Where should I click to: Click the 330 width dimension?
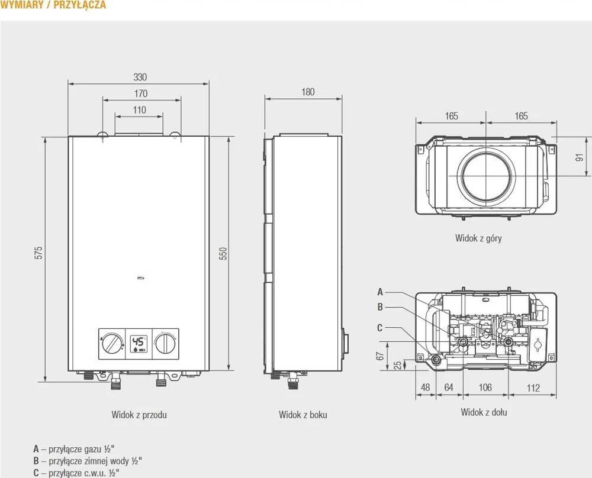pos(140,77)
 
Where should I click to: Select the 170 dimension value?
pos(141,93)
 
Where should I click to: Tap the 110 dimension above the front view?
pos(139,110)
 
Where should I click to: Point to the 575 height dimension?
pos(38,253)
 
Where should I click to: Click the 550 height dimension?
pos(223,253)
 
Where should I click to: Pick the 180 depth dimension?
pos(308,92)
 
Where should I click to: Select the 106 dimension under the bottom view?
pos(485,387)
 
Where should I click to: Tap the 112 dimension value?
pos(533,387)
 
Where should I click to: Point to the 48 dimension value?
pos(425,387)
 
